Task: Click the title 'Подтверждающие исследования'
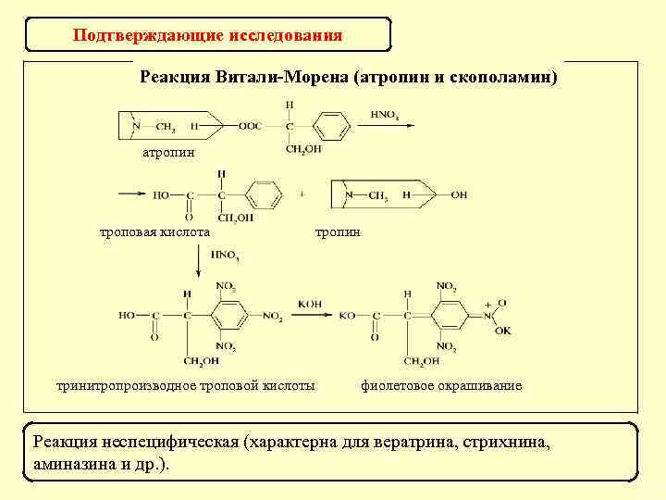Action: [207, 36]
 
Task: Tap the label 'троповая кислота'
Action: [154, 231]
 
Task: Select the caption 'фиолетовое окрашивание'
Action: [441, 385]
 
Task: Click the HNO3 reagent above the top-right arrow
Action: [384, 114]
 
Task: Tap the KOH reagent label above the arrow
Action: [310, 304]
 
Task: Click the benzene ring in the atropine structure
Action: [333, 125]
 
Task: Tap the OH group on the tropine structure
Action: [460, 195]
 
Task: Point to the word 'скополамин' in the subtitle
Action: [508, 76]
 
